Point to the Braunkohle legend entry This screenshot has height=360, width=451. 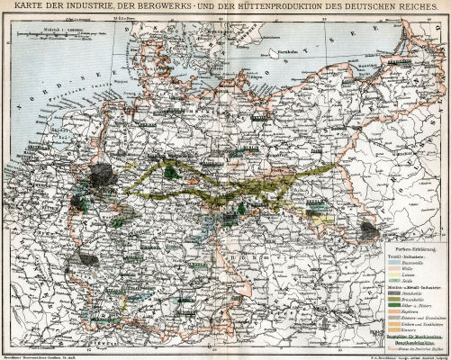[415, 299]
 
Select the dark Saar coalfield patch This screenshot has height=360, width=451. [87, 256]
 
